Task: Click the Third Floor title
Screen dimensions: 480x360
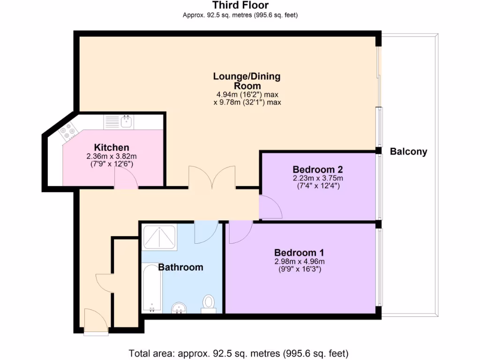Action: click(240, 5)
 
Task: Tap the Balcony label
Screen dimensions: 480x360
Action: click(408, 151)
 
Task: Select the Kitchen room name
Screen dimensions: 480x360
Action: click(112, 147)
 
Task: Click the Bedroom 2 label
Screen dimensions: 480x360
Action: click(318, 169)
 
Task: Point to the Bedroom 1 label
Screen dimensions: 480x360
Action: click(299, 253)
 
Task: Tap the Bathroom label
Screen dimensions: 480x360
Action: click(180, 267)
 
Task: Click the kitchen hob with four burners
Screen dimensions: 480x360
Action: click(68, 131)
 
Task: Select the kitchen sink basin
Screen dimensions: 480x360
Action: click(127, 121)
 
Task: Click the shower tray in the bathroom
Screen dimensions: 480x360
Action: click(159, 237)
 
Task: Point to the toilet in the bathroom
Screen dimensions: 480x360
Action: click(209, 304)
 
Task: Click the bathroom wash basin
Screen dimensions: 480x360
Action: click(179, 308)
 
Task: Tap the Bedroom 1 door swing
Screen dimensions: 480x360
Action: click(241, 232)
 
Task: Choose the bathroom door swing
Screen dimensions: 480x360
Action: click(206, 232)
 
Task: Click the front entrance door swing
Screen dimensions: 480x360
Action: click(96, 321)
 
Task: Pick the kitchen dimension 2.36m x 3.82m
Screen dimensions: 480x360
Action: click(112, 156)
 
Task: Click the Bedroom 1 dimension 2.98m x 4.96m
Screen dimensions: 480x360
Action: click(300, 262)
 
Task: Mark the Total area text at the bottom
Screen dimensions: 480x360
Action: click(239, 353)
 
